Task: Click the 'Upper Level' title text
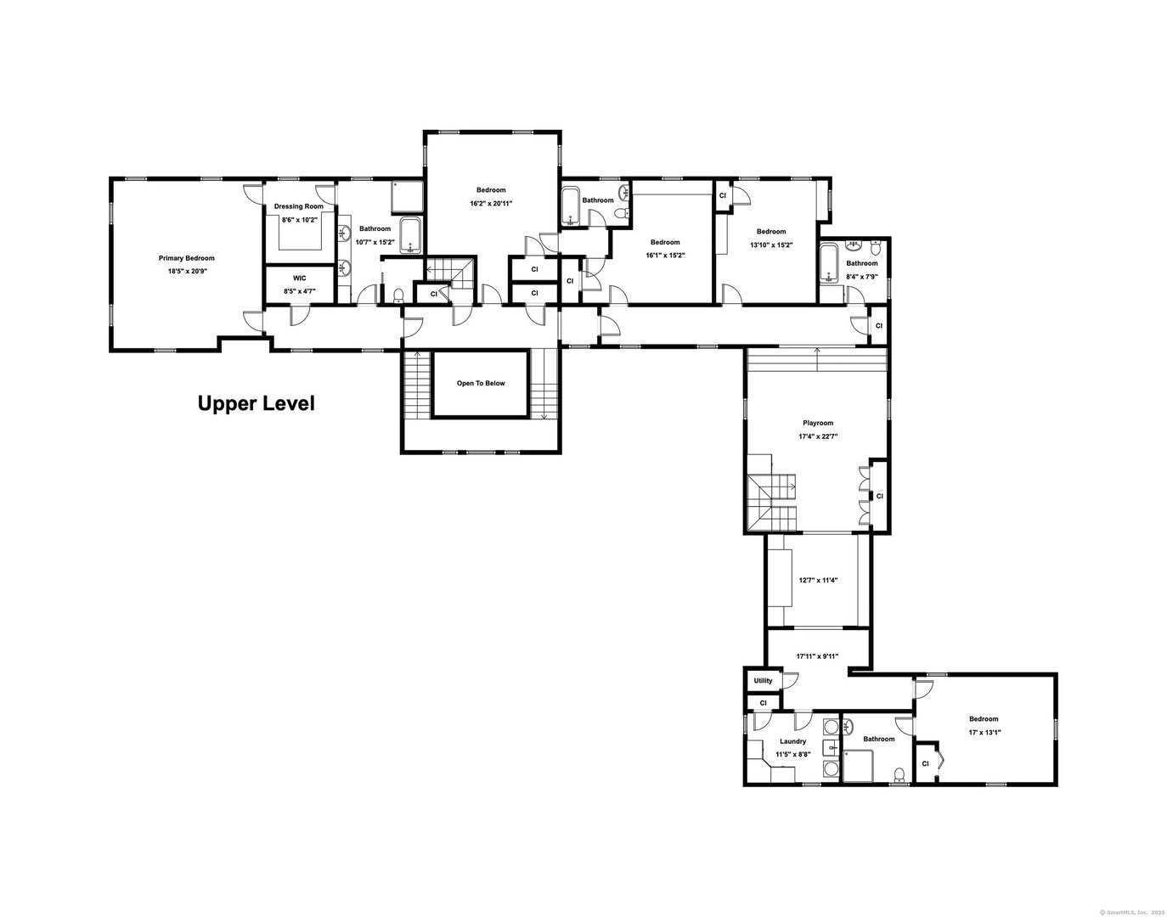click(x=256, y=403)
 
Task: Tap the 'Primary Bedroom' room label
click(x=186, y=258)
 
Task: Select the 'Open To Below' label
click(x=481, y=383)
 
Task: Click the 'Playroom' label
click(x=818, y=423)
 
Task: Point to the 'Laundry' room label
click(x=792, y=741)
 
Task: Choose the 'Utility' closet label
click(x=763, y=680)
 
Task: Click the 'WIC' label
click(x=299, y=278)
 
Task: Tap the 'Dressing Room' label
click(x=298, y=206)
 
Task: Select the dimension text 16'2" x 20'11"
click(x=491, y=203)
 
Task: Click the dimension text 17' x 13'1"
click(x=984, y=732)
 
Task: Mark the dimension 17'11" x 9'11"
click(x=817, y=656)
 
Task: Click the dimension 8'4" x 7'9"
click(x=861, y=276)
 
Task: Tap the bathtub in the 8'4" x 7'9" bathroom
click(x=830, y=262)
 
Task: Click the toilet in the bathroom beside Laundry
click(x=899, y=773)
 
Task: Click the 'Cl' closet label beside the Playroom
click(x=879, y=496)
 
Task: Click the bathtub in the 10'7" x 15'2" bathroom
click(x=411, y=236)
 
